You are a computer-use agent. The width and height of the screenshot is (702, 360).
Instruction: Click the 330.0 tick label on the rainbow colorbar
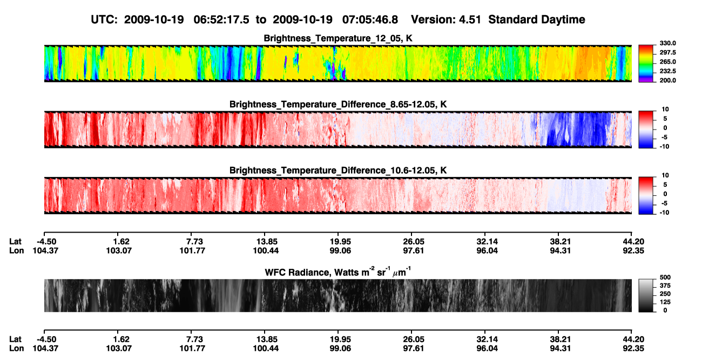click(667, 43)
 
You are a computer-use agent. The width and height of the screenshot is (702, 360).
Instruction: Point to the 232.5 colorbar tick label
click(667, 71)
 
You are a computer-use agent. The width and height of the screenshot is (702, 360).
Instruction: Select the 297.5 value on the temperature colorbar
click(667, 52)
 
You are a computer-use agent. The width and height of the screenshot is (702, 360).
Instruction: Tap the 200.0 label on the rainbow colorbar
click(667, 80)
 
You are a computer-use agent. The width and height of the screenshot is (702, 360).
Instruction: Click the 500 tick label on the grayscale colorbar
click(665, 277)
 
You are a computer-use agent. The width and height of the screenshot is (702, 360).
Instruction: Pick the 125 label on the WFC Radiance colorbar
click(665, 302)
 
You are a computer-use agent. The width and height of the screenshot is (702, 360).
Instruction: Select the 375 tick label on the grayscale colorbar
click(665, 286)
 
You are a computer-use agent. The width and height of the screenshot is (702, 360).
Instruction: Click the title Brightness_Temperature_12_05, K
click(338, 38)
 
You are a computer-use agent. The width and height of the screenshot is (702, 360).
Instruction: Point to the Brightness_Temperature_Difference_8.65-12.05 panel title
click(338, 104)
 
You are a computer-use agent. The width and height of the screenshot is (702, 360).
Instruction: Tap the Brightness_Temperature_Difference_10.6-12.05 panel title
click(338, 171)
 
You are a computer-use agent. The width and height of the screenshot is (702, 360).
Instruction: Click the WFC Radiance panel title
click(338, 271)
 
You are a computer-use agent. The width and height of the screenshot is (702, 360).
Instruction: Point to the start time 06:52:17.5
click(221, 19)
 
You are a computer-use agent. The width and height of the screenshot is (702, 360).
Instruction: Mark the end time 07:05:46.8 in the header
click(370, 19)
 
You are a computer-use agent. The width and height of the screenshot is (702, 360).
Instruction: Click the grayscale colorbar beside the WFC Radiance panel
click(646, 295)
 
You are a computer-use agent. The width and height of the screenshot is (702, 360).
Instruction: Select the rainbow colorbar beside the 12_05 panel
click(646, 64)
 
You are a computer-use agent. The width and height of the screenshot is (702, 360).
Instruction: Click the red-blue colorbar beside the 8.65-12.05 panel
click(646, 130)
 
